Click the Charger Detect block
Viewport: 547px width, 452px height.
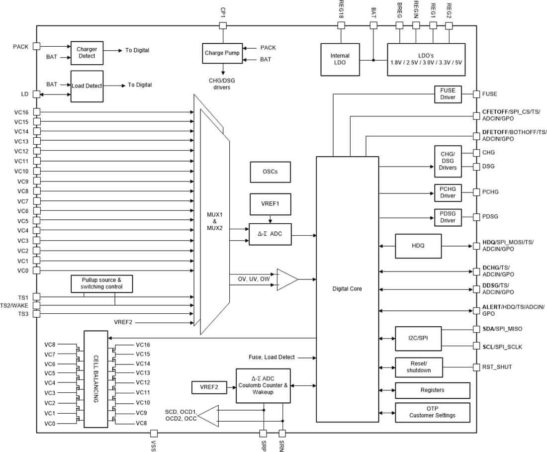coord(87,53)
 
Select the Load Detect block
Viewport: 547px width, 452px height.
coord(87,86)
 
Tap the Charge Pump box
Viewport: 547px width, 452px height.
coord(222,53)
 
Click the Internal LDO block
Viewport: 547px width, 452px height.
coord(340,59)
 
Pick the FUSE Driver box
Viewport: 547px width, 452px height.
coord(448,94)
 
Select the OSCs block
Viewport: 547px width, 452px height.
coord(270,172)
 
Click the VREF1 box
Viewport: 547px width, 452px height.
coord(270,204)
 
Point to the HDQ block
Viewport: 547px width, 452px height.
coord(418,246)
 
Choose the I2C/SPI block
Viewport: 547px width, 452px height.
coord(418,338)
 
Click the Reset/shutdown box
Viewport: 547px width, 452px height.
coord(418,367)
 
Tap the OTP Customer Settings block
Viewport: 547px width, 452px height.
coord(432,412)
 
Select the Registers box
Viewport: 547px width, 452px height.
coord(432,390)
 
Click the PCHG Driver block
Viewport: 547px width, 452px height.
coord(448,192)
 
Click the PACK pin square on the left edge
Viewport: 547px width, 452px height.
coord(36,46)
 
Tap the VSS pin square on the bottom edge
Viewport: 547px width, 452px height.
coord(154,433)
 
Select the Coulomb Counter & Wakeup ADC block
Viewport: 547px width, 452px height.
coord(263,385)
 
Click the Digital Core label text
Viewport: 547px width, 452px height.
coord(347,288)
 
